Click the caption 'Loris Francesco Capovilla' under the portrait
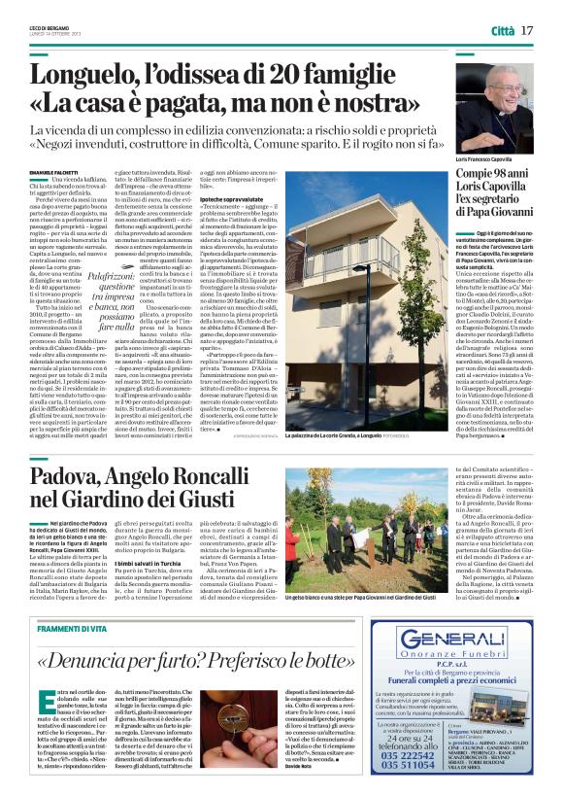point(485,158)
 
